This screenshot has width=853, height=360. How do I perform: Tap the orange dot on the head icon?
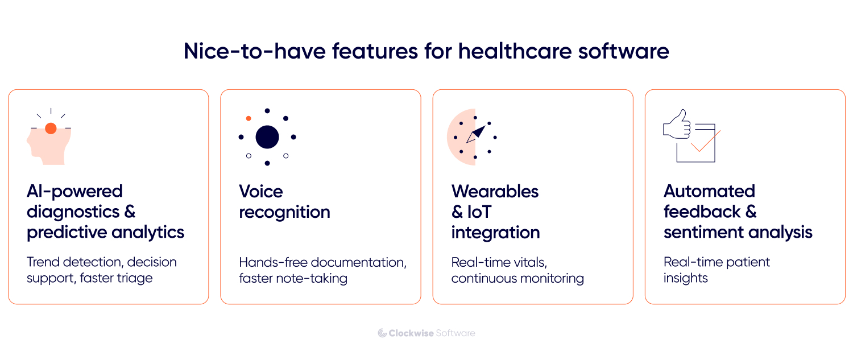(x=51, y=129)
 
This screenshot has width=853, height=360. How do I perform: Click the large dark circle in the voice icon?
(x=267, y=137)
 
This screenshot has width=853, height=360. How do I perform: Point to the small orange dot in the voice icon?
(x=249, y=118)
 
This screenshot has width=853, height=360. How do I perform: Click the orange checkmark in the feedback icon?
(x=705, y=142)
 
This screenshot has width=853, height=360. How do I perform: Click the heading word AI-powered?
(x=74, y=191)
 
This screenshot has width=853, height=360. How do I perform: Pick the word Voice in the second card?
(x=261, y=191)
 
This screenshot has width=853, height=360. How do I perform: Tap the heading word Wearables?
(x=495, y=191)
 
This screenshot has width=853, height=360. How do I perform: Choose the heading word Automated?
(x=709, y=191)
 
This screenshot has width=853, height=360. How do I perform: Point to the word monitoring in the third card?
(x=552, y=278)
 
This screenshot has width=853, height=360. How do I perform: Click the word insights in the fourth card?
(x=685, y=278)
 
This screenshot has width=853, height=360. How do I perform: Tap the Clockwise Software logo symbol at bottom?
(x=382, y=333)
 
